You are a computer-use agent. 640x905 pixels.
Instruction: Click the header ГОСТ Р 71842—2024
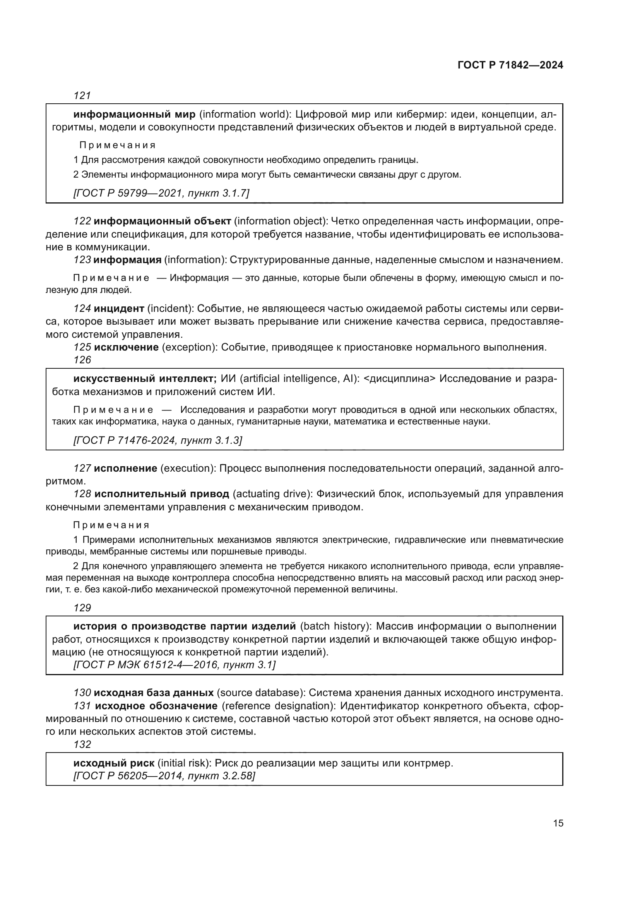[x=510, y=65]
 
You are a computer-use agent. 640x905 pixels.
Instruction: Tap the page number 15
[x=558, y=823]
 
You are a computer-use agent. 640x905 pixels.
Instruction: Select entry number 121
[x=82, y=96]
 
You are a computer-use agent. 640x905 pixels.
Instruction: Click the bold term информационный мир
[x=134, y=114]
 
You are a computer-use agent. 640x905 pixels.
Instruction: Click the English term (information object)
[x=280, y=221]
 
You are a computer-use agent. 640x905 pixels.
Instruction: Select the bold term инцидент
[x=119, y=308]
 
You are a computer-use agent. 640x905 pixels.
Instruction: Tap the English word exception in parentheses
[x=188, y=347]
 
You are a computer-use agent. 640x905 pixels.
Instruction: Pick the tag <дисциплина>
[x=399, y=379]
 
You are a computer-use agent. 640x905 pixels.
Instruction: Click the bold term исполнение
[x=126, y=468]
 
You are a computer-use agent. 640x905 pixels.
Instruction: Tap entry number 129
[x=82, y=608]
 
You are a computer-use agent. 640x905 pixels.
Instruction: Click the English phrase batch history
[x=336, y=626]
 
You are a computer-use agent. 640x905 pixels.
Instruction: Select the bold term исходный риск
[x=114, y=763]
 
